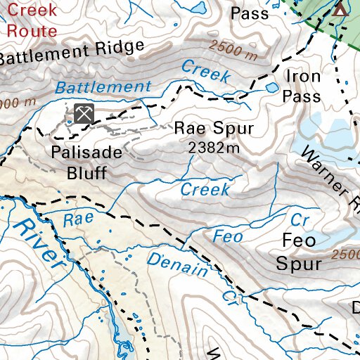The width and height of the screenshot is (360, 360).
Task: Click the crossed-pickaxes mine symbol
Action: click(x=84, y=113)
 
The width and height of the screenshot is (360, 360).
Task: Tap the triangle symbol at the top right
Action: click(x=340, y=9)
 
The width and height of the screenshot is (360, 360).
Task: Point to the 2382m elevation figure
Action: click(x=214, y=148)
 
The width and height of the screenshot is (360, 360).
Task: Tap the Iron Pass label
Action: click(x=303, y=86)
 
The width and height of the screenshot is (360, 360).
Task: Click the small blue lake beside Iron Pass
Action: click(x=271, y=88)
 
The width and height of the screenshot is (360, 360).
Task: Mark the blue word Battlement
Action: click(x=103, y=88)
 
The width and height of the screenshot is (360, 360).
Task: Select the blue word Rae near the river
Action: click(x=78, y=219)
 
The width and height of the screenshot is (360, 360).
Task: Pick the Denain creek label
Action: click(x=179, y=264)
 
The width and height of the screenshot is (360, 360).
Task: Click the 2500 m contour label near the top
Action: click(x=234, y=49)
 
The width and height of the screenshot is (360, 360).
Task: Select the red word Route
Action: click(x=32, y=30)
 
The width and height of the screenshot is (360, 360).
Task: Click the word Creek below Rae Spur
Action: click(x=205, y=190)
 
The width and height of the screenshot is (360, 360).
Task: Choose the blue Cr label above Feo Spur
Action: click(x=300, y=219)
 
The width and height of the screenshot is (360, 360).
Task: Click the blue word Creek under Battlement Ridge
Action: click(x=205, y=71)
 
